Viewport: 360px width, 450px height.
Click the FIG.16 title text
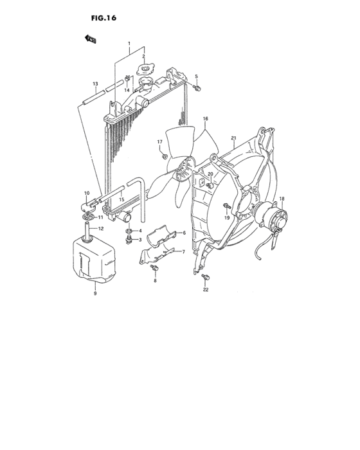pyautogui.click(x=104, y=18)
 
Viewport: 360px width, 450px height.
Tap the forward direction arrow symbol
pyautogui.click(x=90, y=39)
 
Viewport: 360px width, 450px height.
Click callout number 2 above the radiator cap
pyautogui.click(x=143, y=57)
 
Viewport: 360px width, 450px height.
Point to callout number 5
pyautogui.click(x=196, y=76)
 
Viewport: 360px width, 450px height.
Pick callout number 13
pyautogui.click(x=95, y=84)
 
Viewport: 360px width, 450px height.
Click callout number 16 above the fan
pyautogui.click(x=205, y=118)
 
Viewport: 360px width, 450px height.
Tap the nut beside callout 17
pyautogui.click(x=164, y=156)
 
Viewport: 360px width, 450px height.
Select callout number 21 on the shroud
pyautogui.click(x=234, y=138)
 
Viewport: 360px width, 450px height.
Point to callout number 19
pyautogui.click(x=227, y=218)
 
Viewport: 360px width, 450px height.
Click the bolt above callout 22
pyautogui.click(x=205, y=278)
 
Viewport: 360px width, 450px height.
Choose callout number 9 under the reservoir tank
pyautogui.click(x=95, y=293)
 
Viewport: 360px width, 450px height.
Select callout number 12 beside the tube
pyautogui.click(x=101, y=229)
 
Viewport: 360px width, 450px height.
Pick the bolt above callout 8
pyautogui.click(x=154, y=268)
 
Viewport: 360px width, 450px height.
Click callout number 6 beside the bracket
pyautogui.click(x=184, y=233)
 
